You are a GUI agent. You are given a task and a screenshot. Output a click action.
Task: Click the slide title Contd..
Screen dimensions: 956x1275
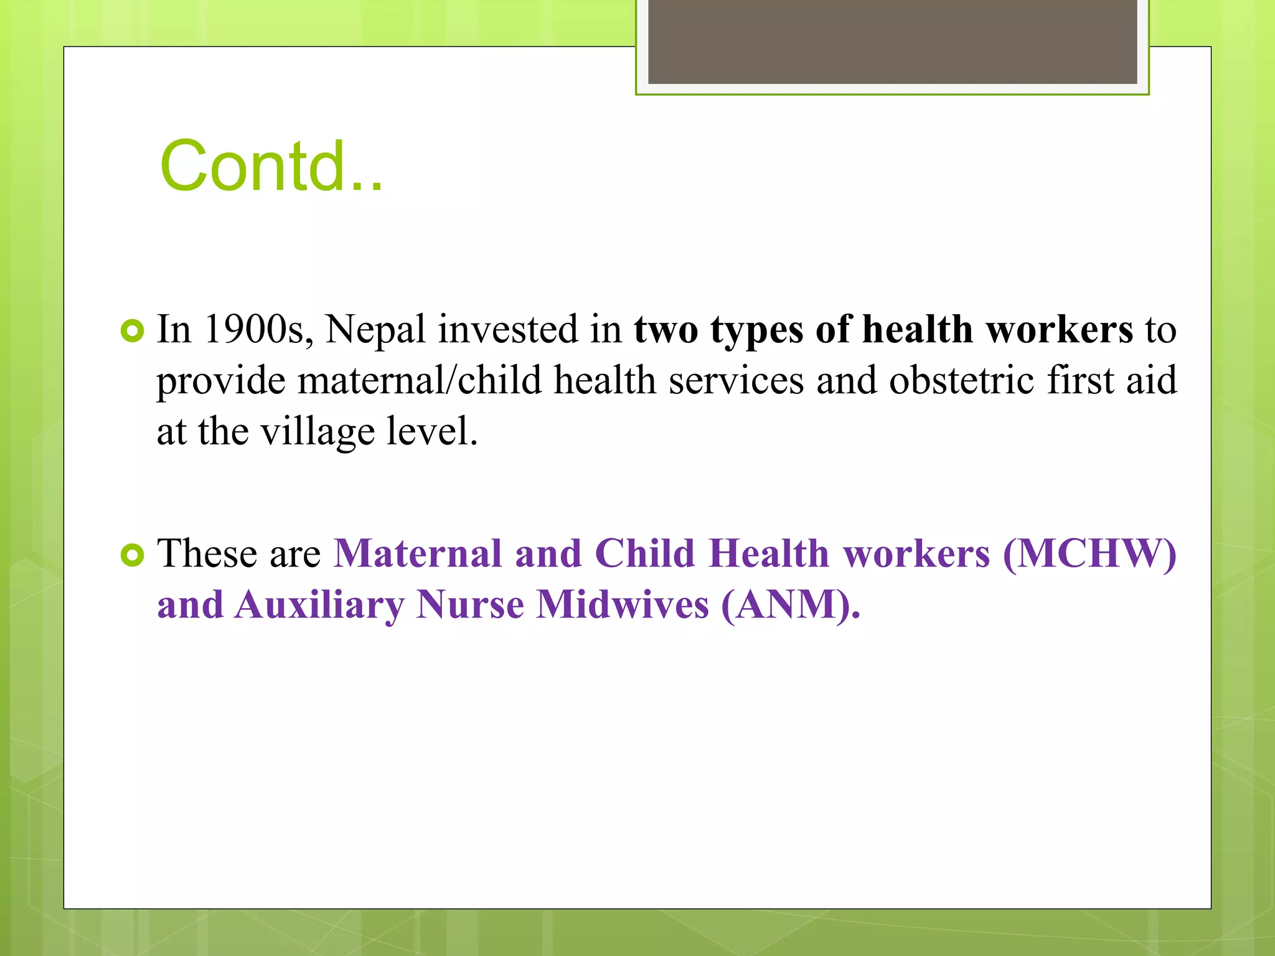[271, 166]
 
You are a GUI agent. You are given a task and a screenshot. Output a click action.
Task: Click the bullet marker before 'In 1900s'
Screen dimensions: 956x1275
[132, 330]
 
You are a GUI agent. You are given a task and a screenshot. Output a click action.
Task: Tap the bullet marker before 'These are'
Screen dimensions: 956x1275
[132, 555]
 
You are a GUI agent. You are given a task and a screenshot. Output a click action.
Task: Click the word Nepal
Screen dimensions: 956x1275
[375, 330]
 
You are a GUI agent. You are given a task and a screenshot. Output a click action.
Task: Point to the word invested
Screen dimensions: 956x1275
[507, 329]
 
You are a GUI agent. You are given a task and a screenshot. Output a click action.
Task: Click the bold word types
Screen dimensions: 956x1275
[756, 330]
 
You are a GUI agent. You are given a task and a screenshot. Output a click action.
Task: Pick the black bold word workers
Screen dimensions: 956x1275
[1060, 329]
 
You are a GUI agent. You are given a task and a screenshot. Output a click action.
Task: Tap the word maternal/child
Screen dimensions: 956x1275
[420, 380]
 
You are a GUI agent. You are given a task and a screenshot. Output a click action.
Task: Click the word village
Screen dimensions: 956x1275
[318, 431]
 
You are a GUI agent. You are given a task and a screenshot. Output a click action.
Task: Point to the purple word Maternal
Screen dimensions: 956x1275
[417, 553]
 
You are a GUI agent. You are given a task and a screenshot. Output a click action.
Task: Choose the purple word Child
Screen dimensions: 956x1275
[645, 553]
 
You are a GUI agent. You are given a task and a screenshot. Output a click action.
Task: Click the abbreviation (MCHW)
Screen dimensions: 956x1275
[1089, 553]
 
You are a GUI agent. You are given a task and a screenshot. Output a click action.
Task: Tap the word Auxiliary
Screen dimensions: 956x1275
[319, 604]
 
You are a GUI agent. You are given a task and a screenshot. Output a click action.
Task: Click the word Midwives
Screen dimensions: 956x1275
[623, 604]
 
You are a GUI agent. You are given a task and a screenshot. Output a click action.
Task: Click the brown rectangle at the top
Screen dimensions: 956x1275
[892, 42]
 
